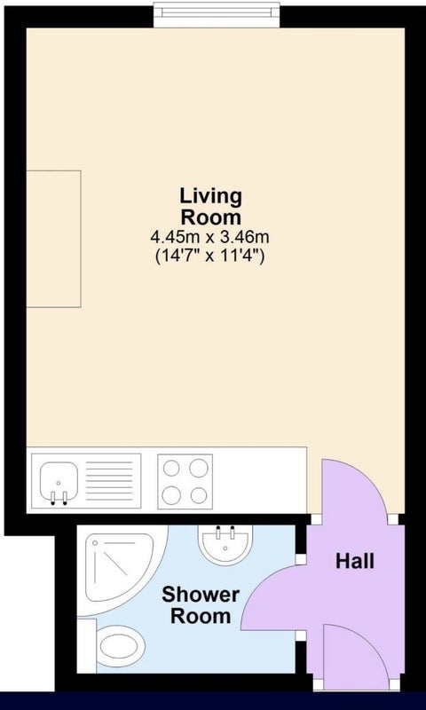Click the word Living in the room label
pyautogui.click(x=211, y=197)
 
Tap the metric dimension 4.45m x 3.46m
pyautogui.click(x=210, y=236)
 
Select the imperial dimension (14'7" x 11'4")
pyautogui.click(x=210, y=256)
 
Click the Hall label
pyautogui.click(x=355, y=562)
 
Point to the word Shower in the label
pyautogui.click(x=201, y=595)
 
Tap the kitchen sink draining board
pyautogui.click(x=109, y=481)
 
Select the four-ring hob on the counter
pyautogui.click(x=185, y=481)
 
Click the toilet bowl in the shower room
pyautogui.click(x=120, y=646)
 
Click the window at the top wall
pyautogui.click(x=217, y=15)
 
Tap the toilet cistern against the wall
pyautogui.click(x=86, y=646)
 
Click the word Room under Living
pyautogui.click(x=211, y=217)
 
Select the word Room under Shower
pyautogui.click(x=201, y=616)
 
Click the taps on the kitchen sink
pyautogui.click(x=59, y=498)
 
